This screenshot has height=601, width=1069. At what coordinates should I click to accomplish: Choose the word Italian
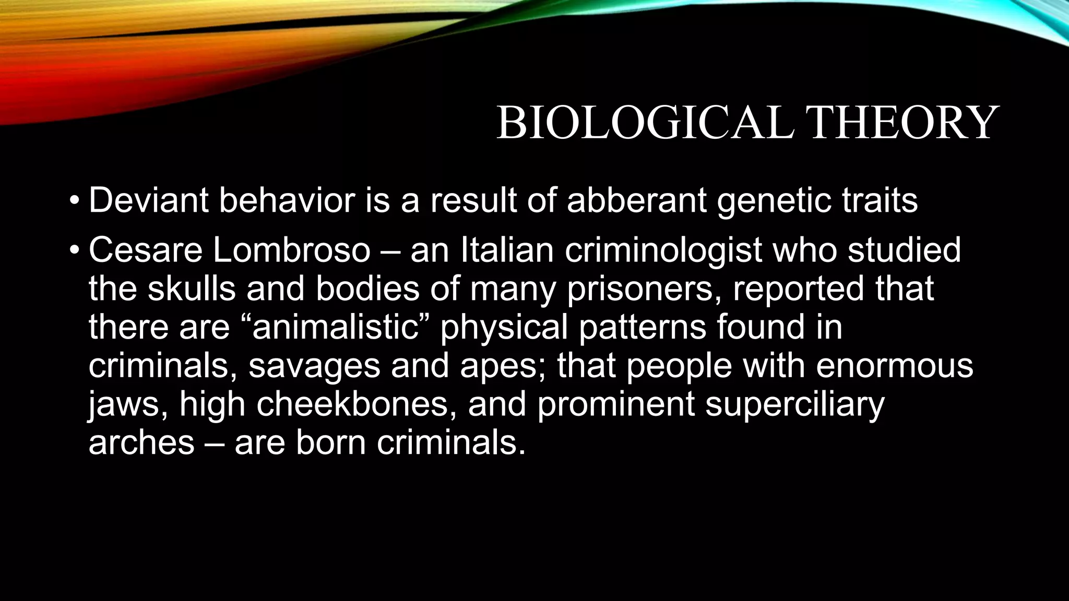point(507,250)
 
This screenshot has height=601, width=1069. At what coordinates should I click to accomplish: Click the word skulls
point(191,289)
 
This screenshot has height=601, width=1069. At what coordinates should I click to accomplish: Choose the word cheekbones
point(353,404)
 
